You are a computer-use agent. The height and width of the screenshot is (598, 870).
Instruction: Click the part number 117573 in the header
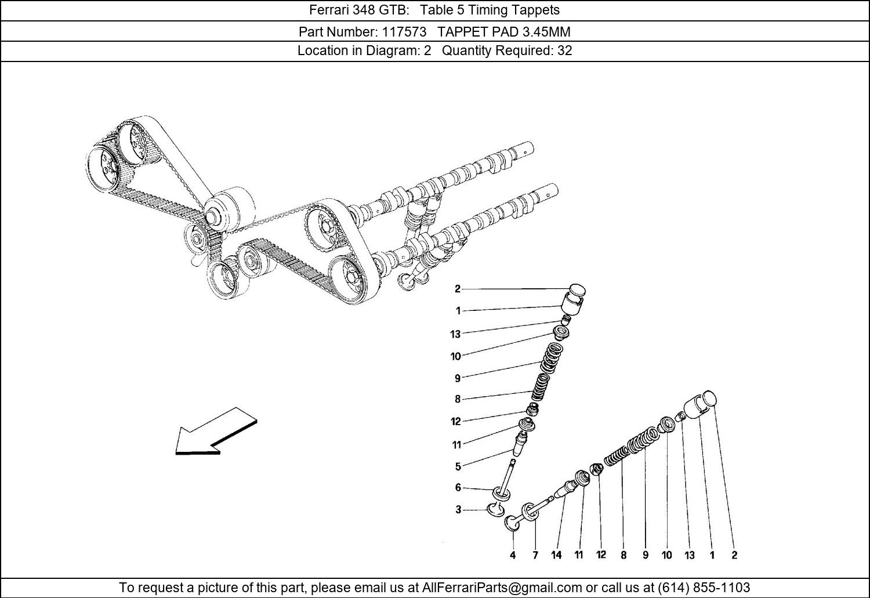click(x=404, y=31)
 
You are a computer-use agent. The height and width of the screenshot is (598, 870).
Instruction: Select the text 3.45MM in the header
click(x=546, y=31)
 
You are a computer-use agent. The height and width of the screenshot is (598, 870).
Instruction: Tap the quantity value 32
click(x=565, y=50)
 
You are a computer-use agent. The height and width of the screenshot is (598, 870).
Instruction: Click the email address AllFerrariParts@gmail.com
click(x=502, y=587)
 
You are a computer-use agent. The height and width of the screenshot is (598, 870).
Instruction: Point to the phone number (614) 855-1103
click(x=704, y=587)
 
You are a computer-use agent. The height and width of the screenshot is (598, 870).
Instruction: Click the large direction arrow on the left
click(x=216, y=432)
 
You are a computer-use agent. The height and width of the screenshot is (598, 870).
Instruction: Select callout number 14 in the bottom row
click(x=557, y=555)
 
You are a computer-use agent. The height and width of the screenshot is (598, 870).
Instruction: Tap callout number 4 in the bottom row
click(x=513, y=555)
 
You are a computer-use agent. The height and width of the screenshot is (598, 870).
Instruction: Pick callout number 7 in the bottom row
click(x=535, y=555)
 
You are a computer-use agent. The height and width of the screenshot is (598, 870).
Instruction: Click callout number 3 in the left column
click(x=458, y=509)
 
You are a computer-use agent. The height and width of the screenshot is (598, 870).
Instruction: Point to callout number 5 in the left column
click(x=458, y=466)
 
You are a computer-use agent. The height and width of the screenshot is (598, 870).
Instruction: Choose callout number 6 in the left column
click(x=458, y=487)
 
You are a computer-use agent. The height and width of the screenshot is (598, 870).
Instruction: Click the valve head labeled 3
click(x=495, y=509)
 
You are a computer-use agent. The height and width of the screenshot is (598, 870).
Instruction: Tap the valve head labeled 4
click(x=513, y=523)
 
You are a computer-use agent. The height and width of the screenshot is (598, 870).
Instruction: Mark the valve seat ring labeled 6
click(x=501, y=494)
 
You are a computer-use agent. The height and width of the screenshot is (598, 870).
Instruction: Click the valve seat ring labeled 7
click(x=530, y=512)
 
